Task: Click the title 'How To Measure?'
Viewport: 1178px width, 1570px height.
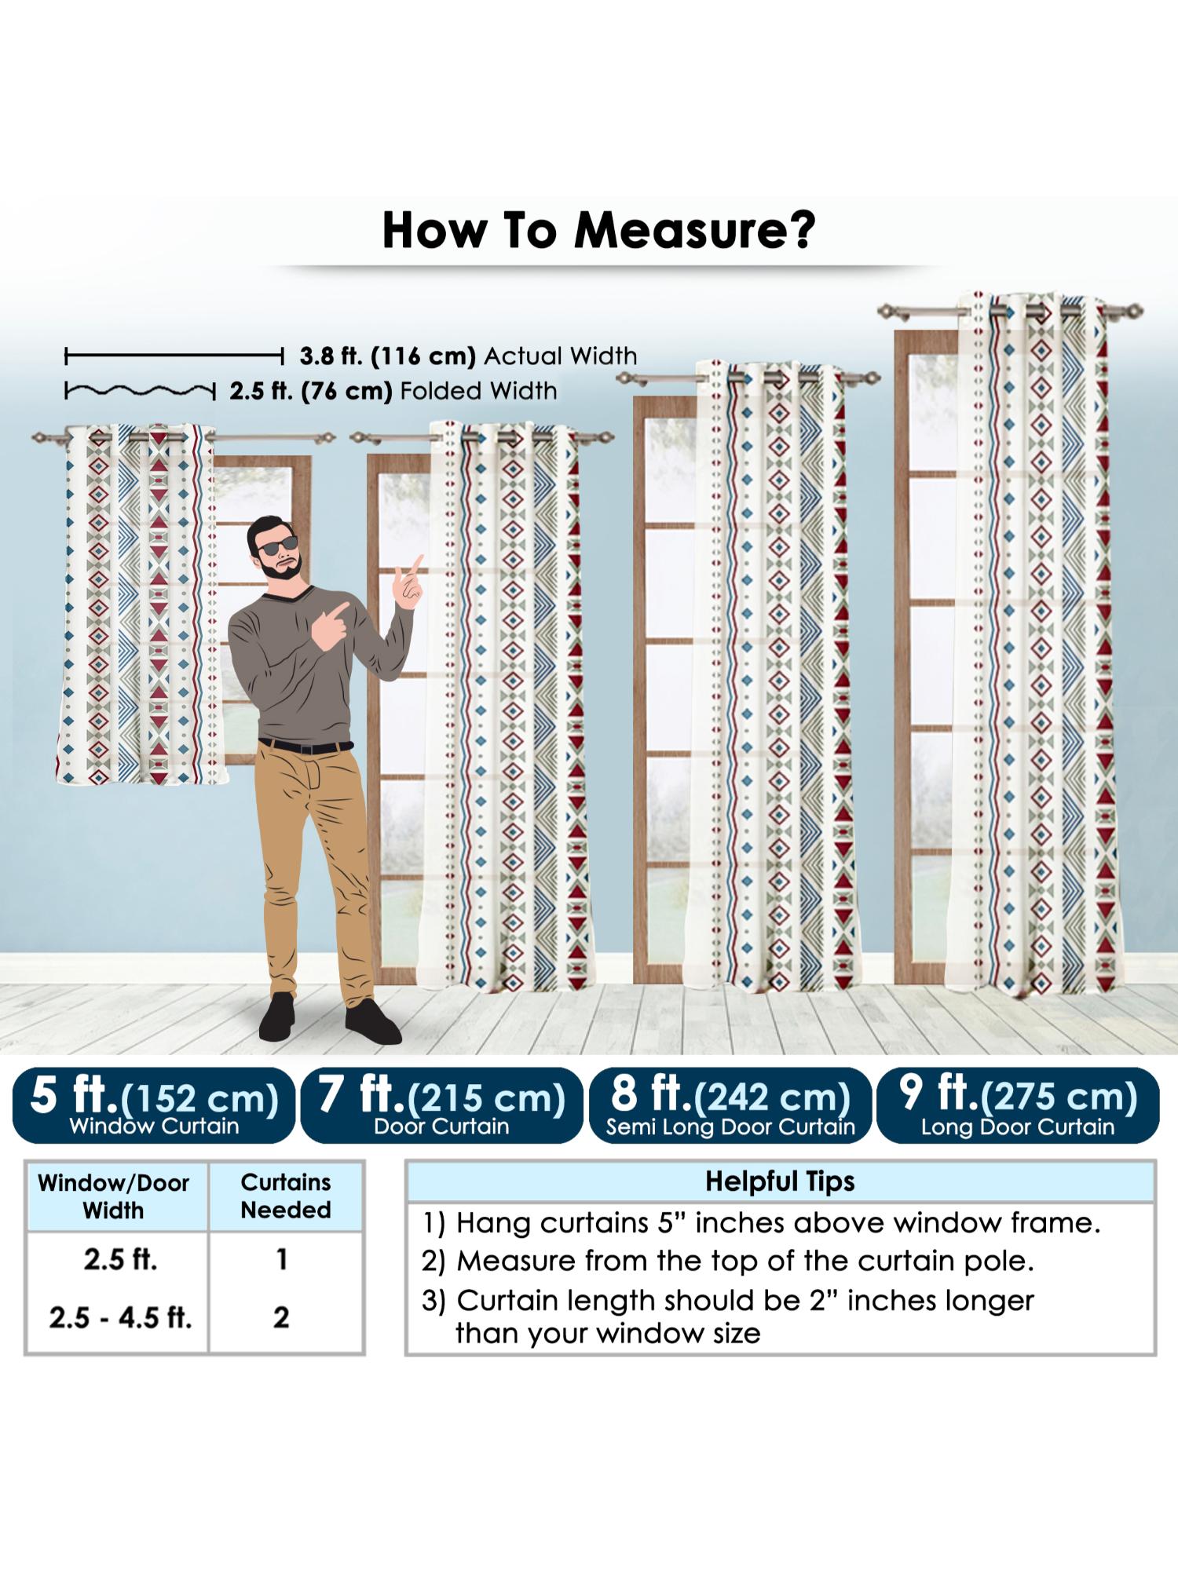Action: pyautogui.click(x=598, y=229)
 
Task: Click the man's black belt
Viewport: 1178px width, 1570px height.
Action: pyautogui.click(x=306, y=746)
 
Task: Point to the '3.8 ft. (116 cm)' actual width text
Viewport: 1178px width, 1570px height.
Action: pyautogui.click(x=387, y=356)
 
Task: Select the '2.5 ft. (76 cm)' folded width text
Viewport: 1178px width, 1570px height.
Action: pyautogui.click(x=311, y=390)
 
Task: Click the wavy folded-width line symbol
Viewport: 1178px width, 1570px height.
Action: pyautogui.click(x=140, y=390)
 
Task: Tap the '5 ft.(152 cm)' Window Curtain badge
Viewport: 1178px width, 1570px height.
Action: pyautogui.click(x=154, y=1105)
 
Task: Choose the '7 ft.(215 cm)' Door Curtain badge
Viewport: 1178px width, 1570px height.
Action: pyautogui.click(x=441, y=1105)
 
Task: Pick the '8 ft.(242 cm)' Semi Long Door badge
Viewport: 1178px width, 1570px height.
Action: pyautogui.click(x=730, y=1105)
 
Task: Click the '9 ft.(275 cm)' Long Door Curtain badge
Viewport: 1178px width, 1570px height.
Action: pyautogui.click(x=1018, y=1105)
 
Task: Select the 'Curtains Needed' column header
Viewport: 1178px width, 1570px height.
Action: pyautogui.click(x=286, y=1196)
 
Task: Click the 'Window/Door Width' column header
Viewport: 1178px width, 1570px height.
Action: pyautogui.click(x=115, y=1196)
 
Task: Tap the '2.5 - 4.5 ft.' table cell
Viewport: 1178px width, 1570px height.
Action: pyautogui.click(x=120, y=1316)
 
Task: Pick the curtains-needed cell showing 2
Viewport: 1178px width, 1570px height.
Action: pyautogui.click(x=281, y=1316)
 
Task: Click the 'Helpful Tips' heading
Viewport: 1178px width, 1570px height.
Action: pyautogui.click(x=780, y=1181)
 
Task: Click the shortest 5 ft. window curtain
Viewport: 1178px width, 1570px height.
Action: pyautogui.click(x=135, y=604)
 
